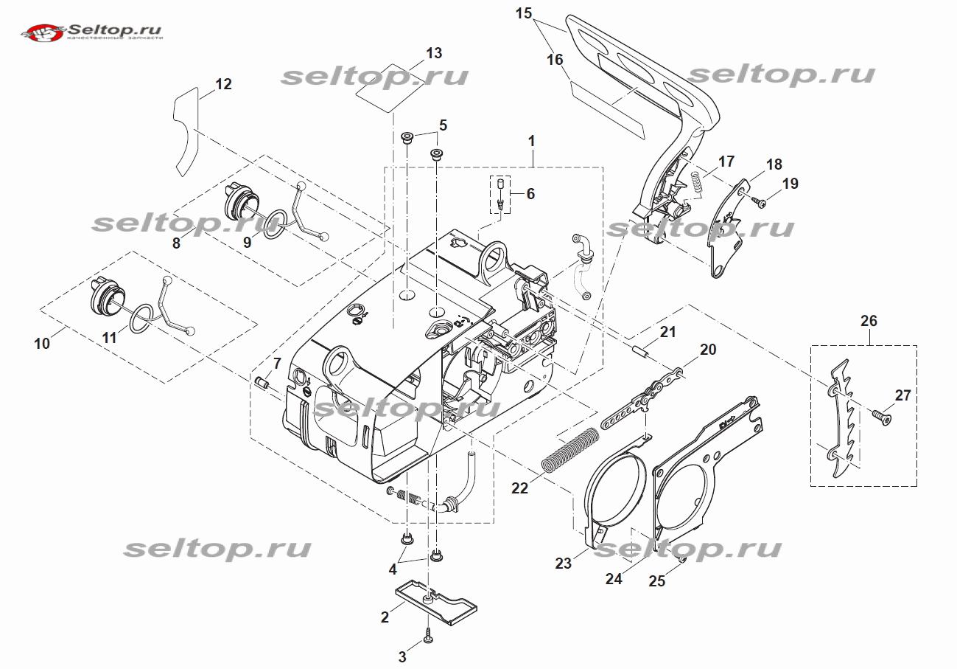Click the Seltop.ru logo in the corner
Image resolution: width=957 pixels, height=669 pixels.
pos(93,32)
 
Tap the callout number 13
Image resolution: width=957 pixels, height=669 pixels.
pos(434,53)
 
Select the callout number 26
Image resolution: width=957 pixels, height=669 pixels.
pos(869,320)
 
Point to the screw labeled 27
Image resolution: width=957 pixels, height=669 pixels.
pos(880,417)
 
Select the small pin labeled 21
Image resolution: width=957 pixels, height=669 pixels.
pos(640,349)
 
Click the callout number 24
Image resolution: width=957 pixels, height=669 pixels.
pos(614,579)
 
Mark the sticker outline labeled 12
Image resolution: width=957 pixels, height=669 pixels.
pos(186,133)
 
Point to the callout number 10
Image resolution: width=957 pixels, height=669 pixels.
pos(42,343)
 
